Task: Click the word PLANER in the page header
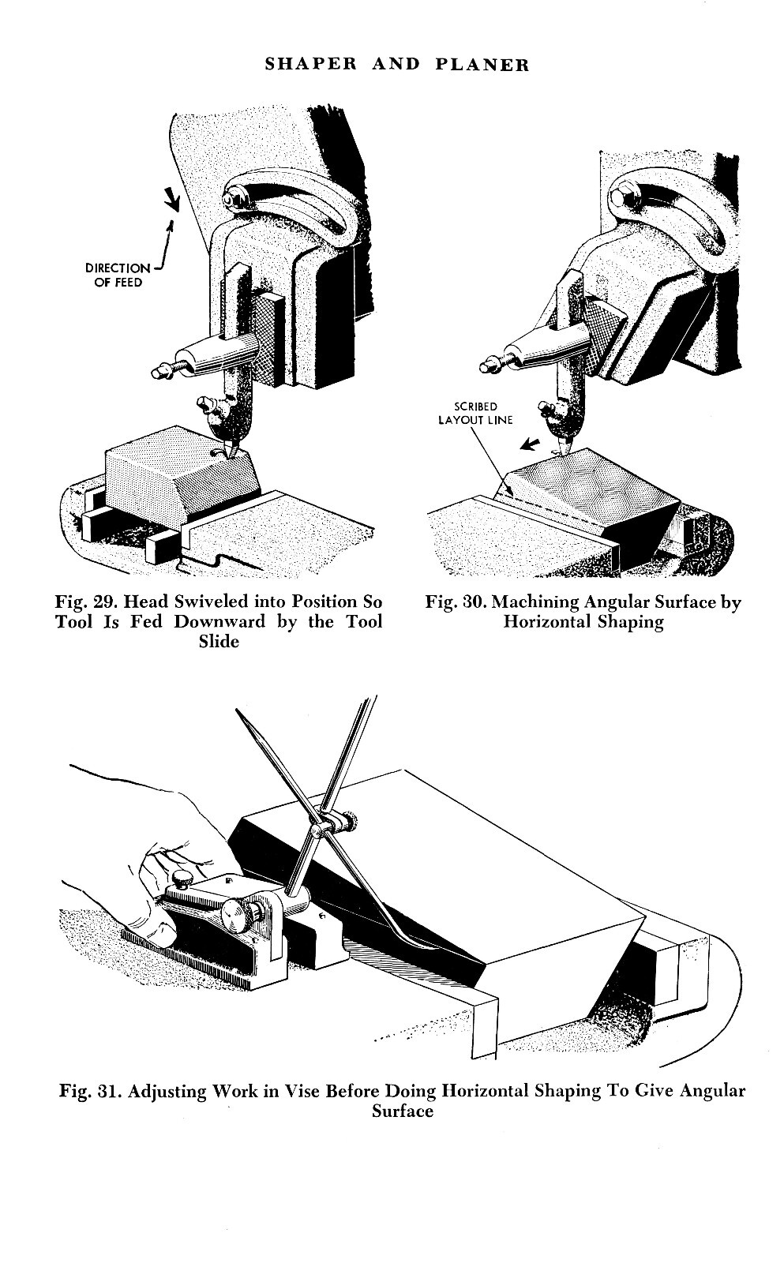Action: tap(482, 65)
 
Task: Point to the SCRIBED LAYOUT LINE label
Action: tap(475, 414)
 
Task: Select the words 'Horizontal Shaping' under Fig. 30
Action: tap(583, 622)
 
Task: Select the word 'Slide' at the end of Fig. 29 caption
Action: tap(219, 642)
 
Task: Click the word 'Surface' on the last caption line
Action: tap(403, 1111)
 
